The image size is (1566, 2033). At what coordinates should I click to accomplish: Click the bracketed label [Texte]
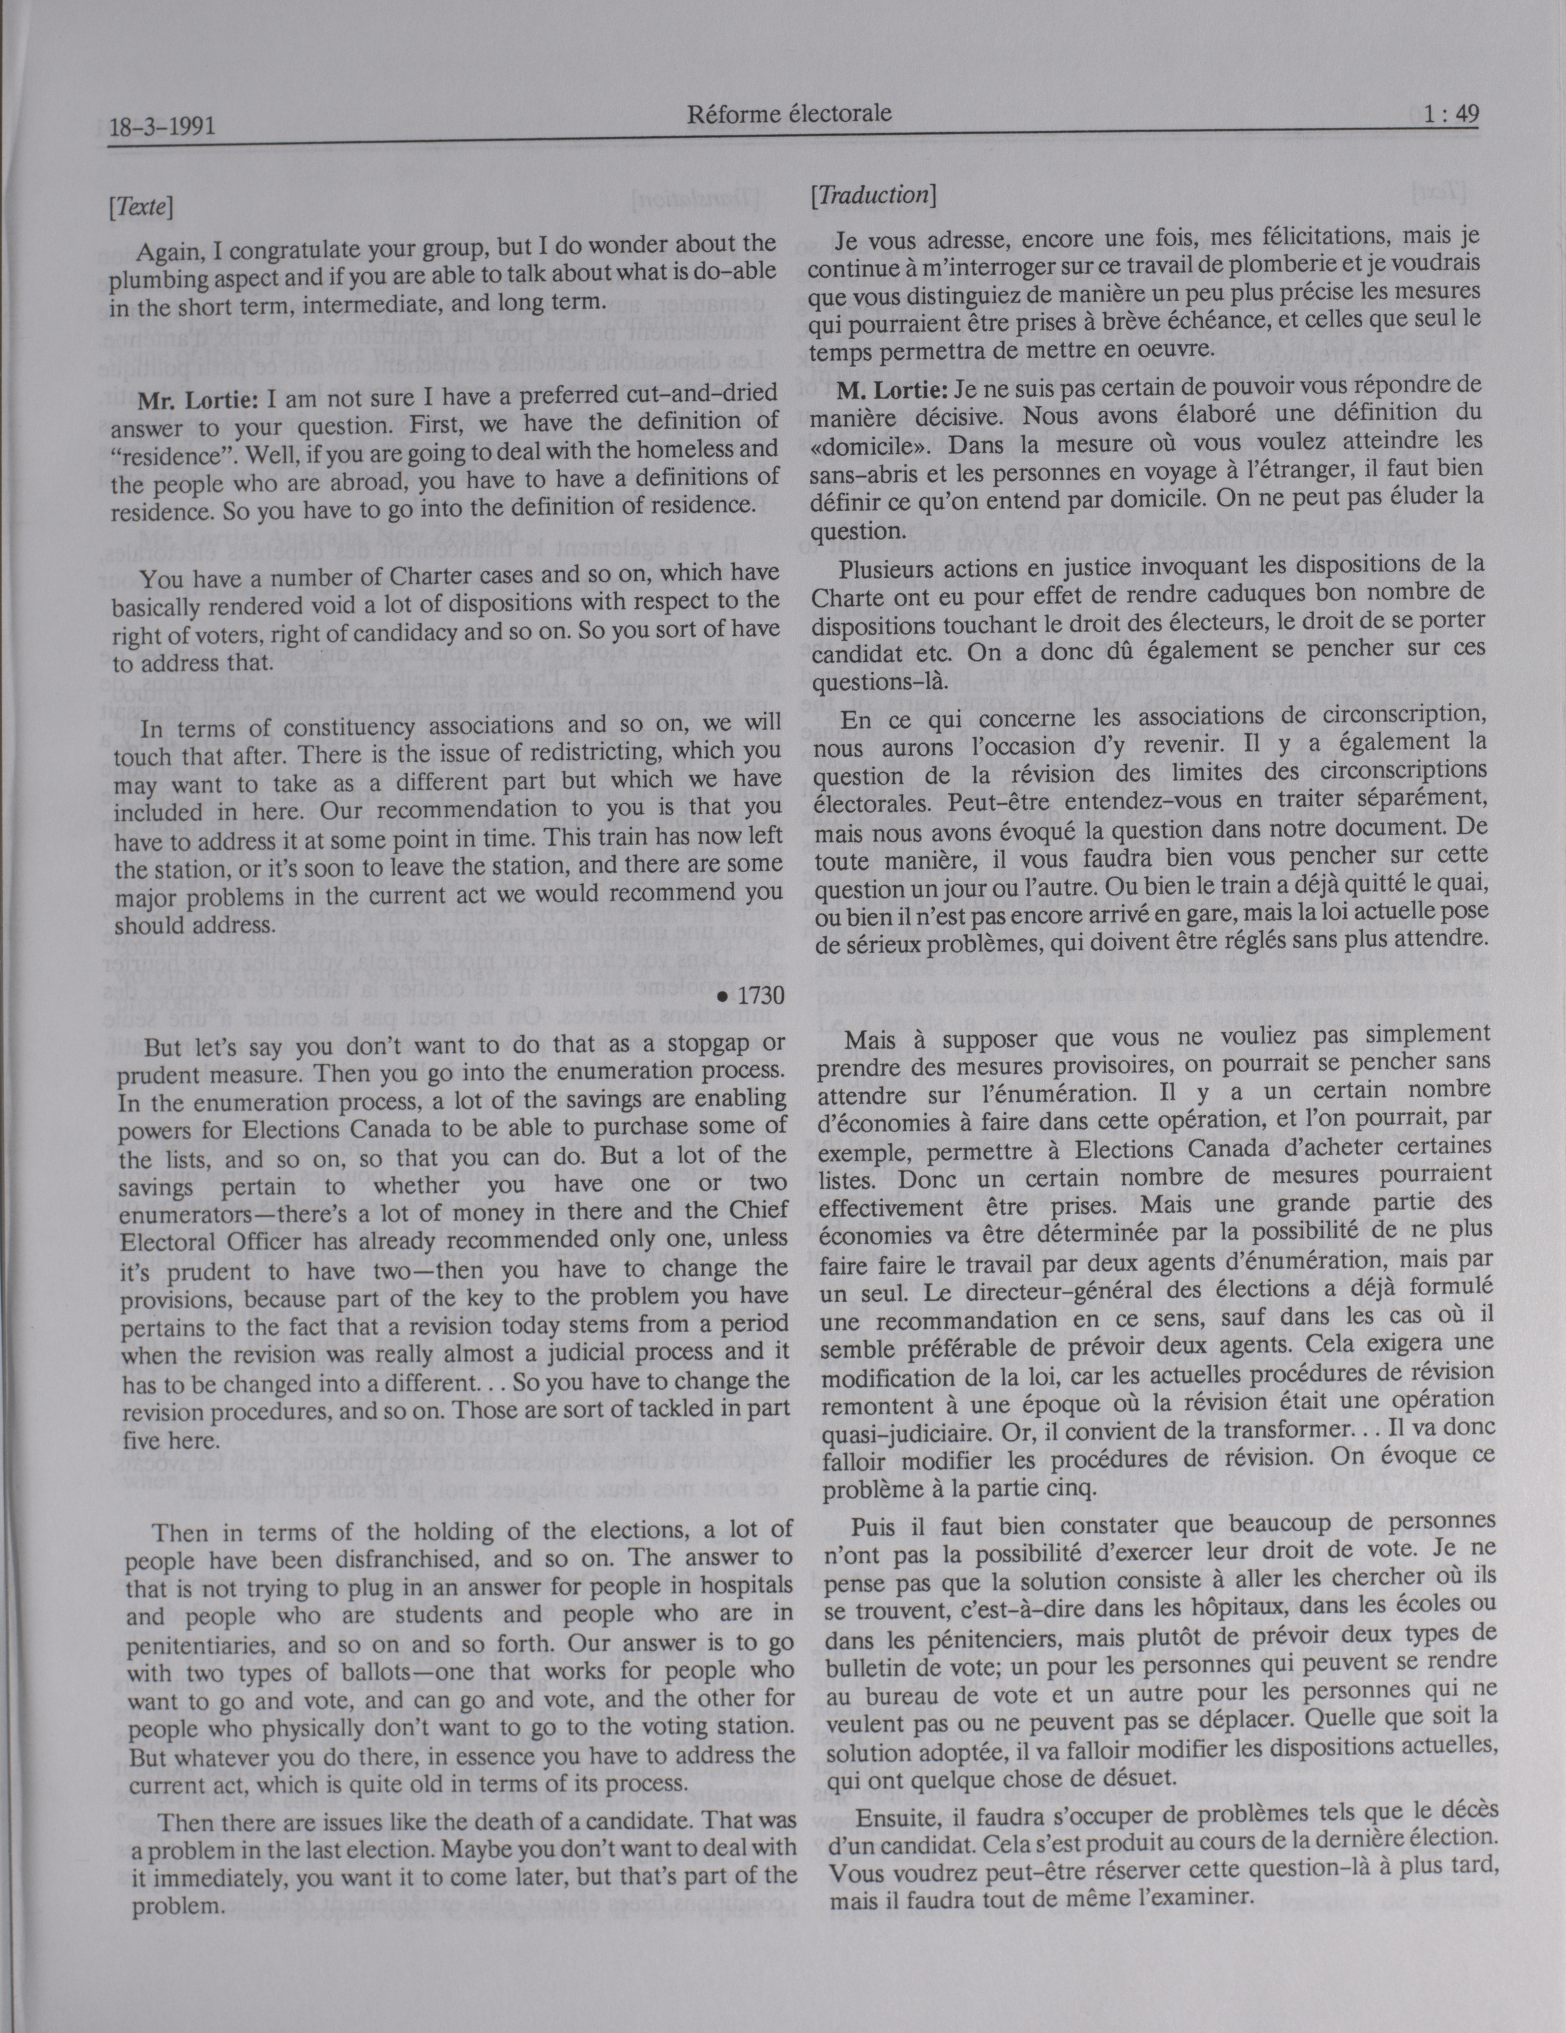[x=141, y=208]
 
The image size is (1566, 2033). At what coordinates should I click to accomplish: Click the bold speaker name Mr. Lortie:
[x=197, y=401]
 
